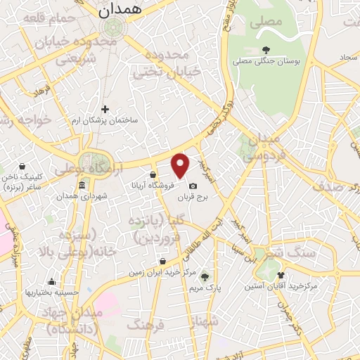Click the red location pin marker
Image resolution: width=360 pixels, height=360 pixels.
[181, 165]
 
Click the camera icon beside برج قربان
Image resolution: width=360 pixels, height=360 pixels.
[193, 186]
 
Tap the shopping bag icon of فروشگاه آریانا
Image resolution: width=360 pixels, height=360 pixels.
[153, 175]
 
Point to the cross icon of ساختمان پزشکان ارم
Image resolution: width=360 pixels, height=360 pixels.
[105, 109]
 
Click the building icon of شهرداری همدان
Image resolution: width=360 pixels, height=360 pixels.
[82, 185]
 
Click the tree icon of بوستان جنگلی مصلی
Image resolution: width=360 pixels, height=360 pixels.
[266, 49]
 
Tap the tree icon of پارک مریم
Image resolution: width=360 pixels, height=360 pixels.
[205, 276]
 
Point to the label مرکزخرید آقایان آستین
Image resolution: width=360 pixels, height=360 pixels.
[282, 287]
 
